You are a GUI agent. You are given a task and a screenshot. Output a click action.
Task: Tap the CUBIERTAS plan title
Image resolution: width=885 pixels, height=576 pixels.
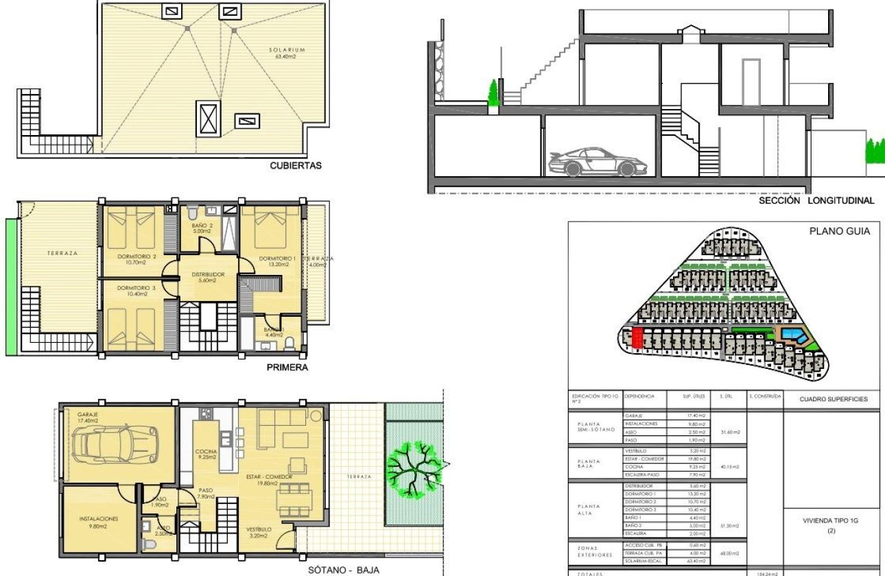coord(296,165)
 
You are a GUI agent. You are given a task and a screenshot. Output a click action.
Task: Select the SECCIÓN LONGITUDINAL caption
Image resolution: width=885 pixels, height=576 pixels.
coord(816,201)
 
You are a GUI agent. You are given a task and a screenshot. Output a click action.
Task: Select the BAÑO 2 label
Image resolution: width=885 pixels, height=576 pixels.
coord(201,228)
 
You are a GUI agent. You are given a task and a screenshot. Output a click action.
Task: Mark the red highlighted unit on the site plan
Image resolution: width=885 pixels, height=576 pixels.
coord(637,337)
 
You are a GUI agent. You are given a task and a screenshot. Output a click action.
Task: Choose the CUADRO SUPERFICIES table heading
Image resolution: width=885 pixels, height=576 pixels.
coord(833,399)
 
